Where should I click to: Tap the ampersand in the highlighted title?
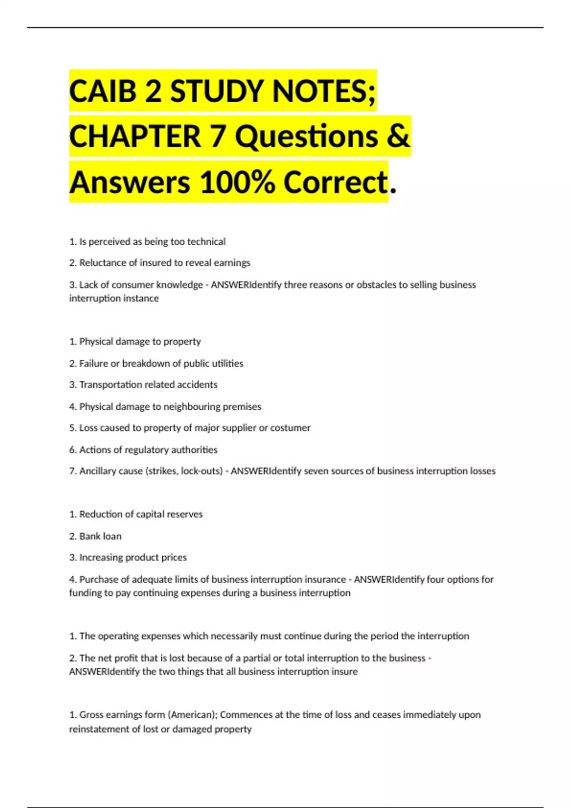pyautogui.click(x=398, y=136)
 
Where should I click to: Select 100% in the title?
pyautogui.click(x=237, y=183)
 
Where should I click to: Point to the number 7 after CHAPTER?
pyautogui.click(x=217, y=136)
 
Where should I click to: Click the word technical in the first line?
pyautogui.click(x=206, y=241)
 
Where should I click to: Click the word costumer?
pyautogui.click(x=290, y=428)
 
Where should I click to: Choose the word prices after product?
pyautogui.click(x=174, y=557)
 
